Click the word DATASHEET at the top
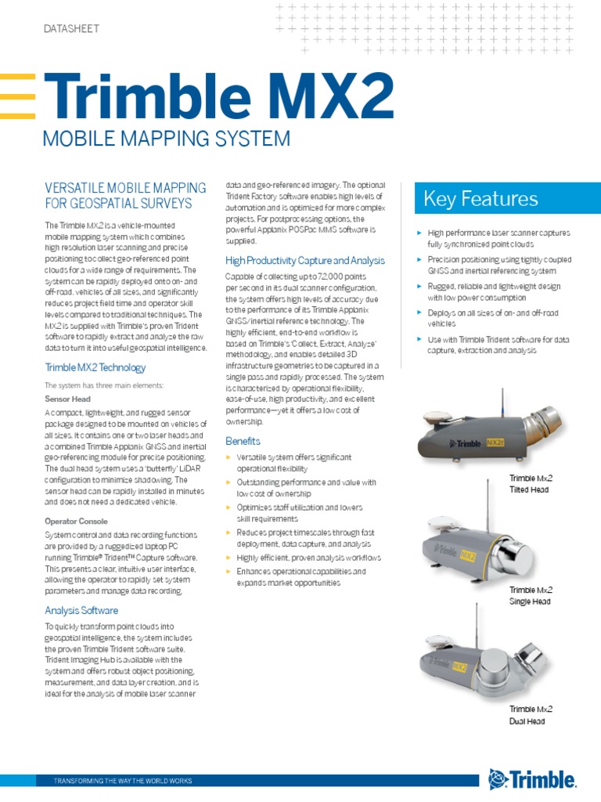pos(70,29)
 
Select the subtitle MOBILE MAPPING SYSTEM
pos(166,139)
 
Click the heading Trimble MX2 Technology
pos(95,367)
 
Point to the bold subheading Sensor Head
pos(67,399)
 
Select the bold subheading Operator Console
pos(76,521)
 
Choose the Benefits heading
pos(243,441)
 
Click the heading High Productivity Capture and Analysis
pos(304,260)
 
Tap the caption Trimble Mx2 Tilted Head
pos(531,484)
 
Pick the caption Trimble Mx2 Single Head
pos(531,595)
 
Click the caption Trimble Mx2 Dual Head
pos(531,715)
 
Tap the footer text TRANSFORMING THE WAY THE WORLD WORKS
pos(122,781)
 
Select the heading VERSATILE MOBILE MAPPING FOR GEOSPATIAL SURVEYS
pos(118,196)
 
